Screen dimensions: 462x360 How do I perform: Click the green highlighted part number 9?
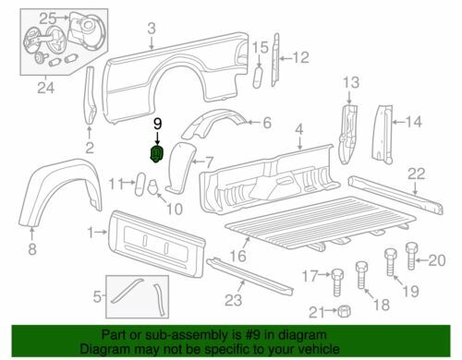(x=156, y=154)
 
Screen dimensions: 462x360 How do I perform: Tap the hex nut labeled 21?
(x=344, y=312)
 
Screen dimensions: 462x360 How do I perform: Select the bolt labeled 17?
(x=337, y=282)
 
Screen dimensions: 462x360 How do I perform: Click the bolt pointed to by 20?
(x=411, y=256)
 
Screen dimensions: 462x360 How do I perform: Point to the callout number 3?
(x=152, y=29)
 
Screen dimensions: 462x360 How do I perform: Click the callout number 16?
(x=238, y=256)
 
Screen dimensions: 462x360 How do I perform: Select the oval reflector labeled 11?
(x=140, y=184)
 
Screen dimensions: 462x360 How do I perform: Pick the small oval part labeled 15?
(x=258, y=77)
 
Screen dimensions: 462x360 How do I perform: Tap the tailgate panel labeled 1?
(x=156, y=243)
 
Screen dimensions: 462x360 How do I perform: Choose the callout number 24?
(x=45, y=88)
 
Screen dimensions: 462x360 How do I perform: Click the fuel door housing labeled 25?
(x=85, y=32)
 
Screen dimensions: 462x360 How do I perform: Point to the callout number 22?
(x=417, y=174)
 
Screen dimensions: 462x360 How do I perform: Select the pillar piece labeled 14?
(x=383, y=134)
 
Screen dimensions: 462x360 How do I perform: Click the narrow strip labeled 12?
(x=275, y=60)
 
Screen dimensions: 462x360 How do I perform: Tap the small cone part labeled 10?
(x=153, y=186)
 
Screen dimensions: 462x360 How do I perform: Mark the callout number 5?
(x=97, y=297)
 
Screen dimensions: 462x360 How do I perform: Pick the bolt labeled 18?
(x=362, y=275)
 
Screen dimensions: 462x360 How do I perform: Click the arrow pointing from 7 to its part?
(x=198, y=162)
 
